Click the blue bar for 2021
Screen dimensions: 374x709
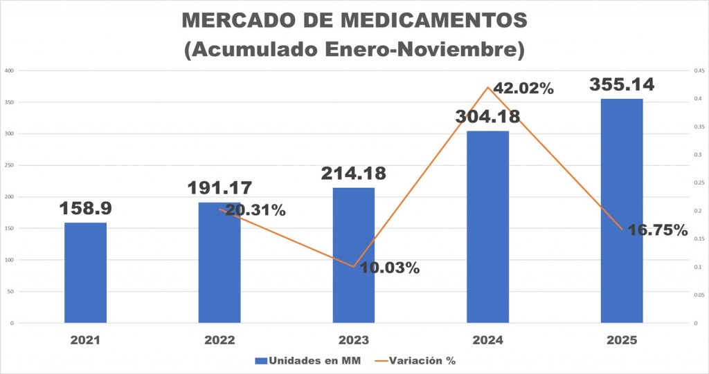[85, 272]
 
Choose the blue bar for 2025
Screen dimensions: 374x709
[622, 211]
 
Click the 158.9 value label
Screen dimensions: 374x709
[86, 207]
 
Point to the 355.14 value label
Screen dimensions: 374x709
[622, 85]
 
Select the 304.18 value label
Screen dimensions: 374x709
[487, 116]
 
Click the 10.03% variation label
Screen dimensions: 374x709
[391, 268]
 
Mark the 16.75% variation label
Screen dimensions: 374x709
[658, 231]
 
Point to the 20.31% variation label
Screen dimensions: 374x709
[255, 210]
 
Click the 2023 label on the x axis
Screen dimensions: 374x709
[353, 340]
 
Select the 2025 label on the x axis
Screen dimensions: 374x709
[622, 340]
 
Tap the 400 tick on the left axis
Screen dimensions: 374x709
[10, 71]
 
